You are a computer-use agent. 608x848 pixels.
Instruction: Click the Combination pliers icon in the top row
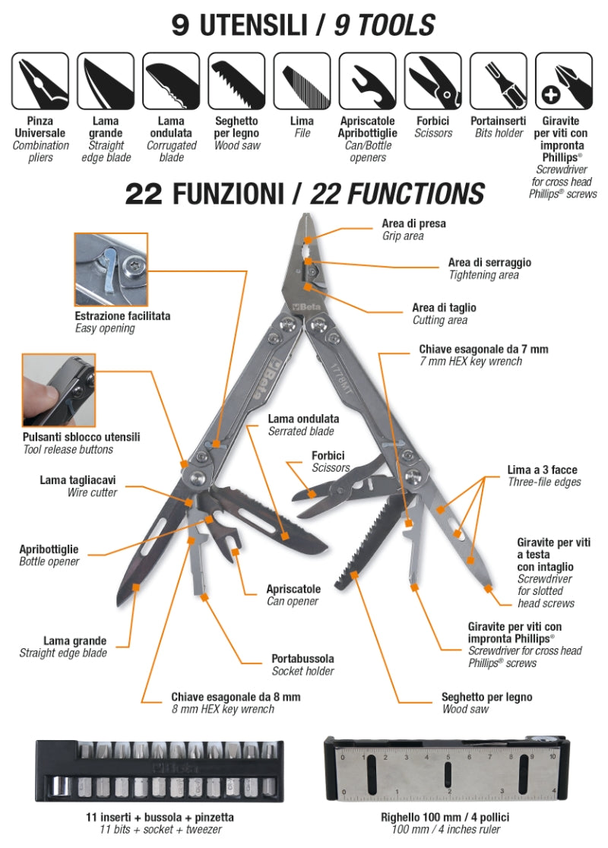(x=40, y=81)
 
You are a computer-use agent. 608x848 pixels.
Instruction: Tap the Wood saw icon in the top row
(x=236, y=81)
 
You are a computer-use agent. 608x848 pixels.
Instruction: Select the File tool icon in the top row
(x=302, y=81)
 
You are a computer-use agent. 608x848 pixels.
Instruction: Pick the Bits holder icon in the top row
(x=499, y=81)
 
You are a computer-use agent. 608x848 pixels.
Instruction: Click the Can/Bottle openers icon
(x=368, y=81)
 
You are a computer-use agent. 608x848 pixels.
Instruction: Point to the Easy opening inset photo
(x=111, y=269)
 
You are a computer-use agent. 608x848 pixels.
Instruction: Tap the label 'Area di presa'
(x=413, y=224)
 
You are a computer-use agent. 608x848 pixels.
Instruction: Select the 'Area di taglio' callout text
(x=444, y=308)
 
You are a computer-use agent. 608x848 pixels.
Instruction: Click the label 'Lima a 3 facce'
(x=543, y=470)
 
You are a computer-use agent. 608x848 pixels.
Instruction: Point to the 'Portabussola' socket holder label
(x=302, y=659)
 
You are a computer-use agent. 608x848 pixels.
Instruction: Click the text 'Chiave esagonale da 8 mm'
(x=236, y=697)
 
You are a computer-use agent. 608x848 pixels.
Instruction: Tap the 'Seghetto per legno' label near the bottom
(x=486, y=697)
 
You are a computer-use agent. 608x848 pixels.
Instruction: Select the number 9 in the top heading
(x=181, y=26)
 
